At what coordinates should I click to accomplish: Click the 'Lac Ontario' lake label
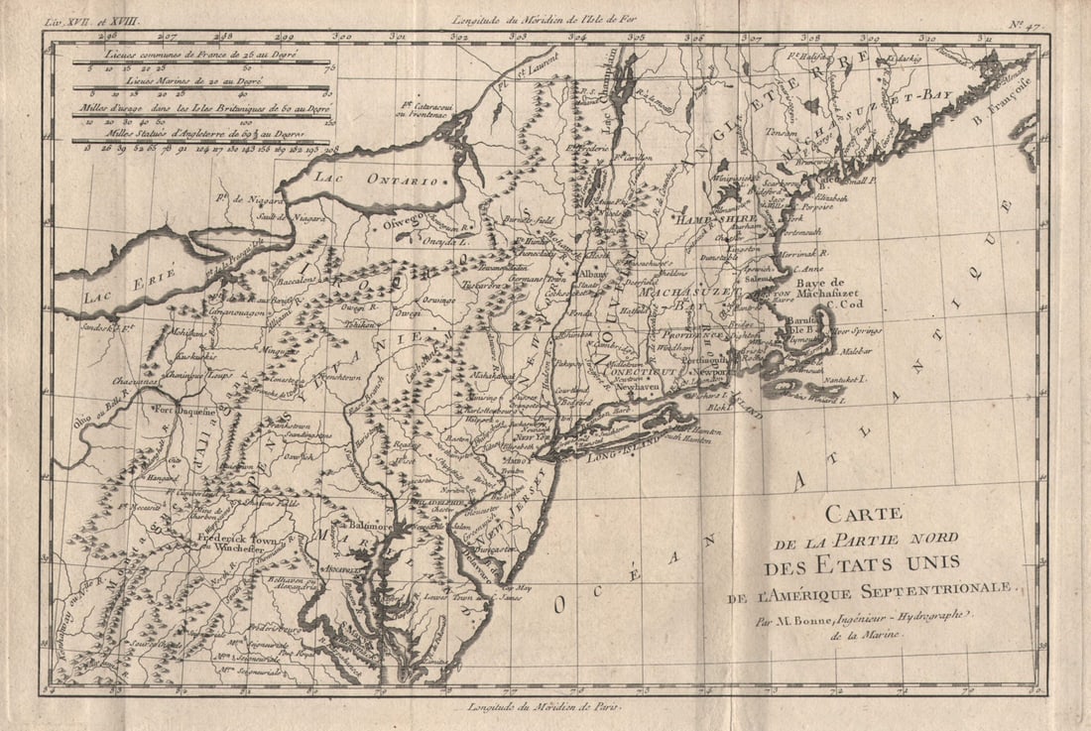pyautogui.click(x=376, y=180)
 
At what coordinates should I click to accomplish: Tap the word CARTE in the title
pyautogui.click(x=863, y=514)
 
